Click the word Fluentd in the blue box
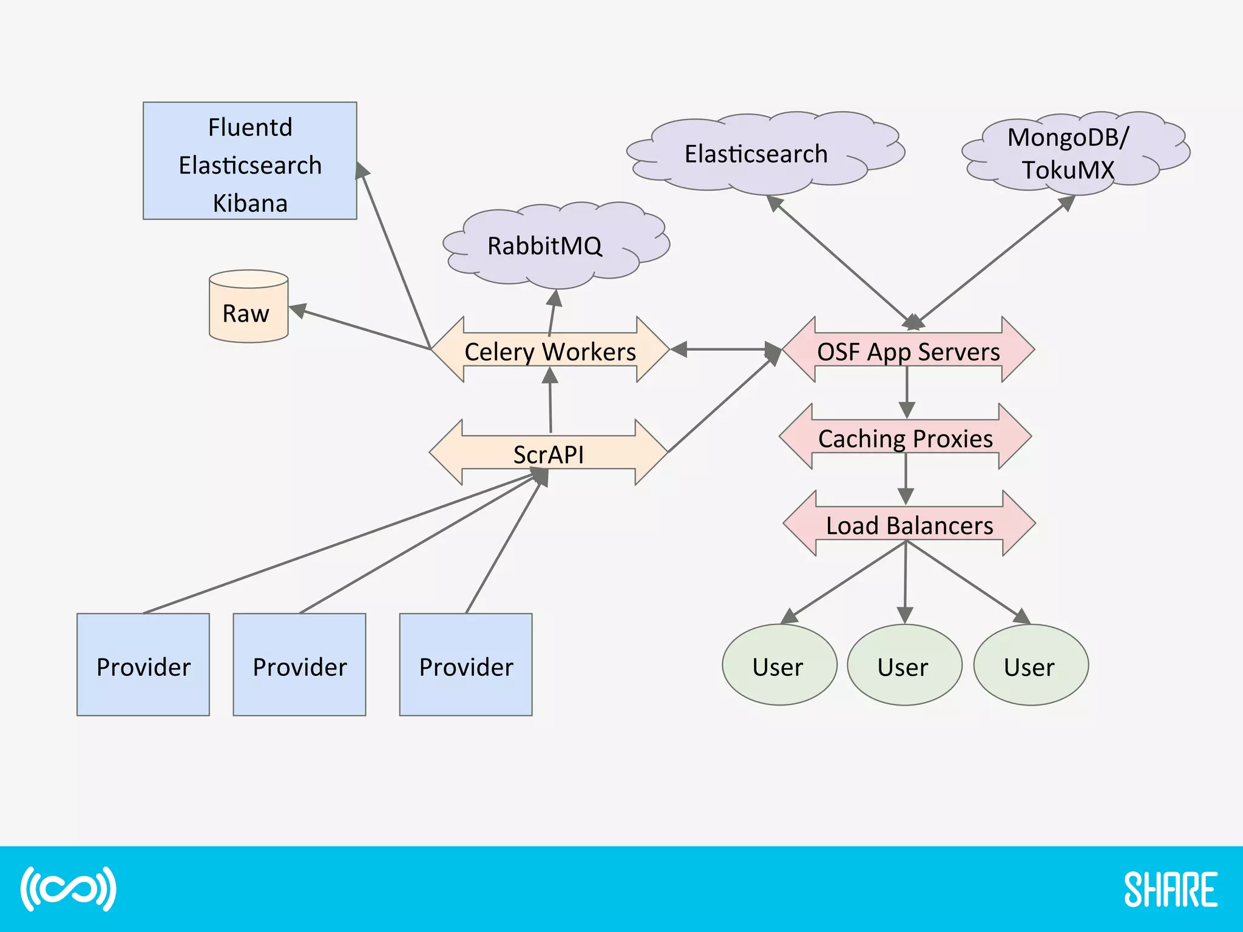(x=250, y=128)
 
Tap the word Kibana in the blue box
(x=250, y=203)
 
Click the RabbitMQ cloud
(x=544, y=246)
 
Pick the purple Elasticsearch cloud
(x=756, y=154)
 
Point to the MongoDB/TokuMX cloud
(x=1068, y=154)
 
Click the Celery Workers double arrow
(x=550, y=351)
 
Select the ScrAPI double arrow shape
(x=549, y=454)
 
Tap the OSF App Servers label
(x=908, y=351)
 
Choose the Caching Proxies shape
(x=905, y=438)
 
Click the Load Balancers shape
(x=909, y=525)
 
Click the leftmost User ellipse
(x=779, y=666)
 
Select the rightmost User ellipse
(x=1030, y=666)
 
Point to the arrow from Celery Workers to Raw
(x=364, y=329)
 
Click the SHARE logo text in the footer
(x=1170, y=890)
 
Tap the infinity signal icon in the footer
(x=68, y=889)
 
